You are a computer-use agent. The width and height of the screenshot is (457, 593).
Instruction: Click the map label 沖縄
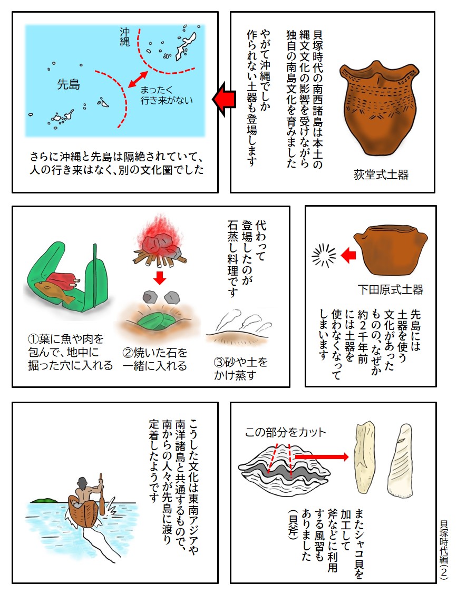point(124,38)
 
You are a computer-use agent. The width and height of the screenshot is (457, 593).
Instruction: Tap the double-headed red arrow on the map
point(137,79)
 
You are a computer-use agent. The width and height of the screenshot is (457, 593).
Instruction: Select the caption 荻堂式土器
point(381,174)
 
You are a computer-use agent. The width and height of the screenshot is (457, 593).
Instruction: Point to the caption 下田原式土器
point(390,289)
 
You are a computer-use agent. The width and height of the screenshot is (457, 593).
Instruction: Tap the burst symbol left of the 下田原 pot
point(324,256)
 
